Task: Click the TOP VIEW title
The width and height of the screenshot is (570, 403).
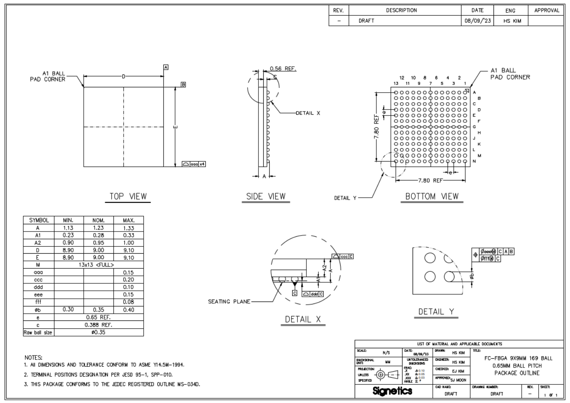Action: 128,196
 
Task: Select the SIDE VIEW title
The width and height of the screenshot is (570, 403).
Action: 266,196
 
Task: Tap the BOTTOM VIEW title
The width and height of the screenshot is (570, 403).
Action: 432,196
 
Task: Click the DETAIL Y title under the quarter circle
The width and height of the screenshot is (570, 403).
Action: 436,312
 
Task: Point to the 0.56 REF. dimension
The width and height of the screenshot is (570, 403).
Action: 283,69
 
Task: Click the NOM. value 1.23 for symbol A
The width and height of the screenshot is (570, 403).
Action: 98,228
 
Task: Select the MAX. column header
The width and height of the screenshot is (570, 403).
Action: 128,220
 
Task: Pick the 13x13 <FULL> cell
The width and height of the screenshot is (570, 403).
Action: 98,265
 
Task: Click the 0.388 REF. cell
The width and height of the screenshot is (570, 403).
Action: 98,325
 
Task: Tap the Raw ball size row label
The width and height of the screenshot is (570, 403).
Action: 38,333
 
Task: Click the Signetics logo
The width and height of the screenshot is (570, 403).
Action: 392,391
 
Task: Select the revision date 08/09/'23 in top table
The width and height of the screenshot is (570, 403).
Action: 477,21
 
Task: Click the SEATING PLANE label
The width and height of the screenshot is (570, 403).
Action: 229,302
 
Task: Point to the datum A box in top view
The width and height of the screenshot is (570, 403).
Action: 165,67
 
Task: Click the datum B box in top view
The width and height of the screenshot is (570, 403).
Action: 183,85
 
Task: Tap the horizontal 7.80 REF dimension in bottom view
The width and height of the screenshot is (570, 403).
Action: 430,180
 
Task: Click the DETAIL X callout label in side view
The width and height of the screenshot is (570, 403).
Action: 308,113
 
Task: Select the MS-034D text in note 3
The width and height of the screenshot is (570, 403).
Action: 189,384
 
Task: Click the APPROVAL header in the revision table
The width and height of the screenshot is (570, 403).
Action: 546,10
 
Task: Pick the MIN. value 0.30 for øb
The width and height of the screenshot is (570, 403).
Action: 68,310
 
